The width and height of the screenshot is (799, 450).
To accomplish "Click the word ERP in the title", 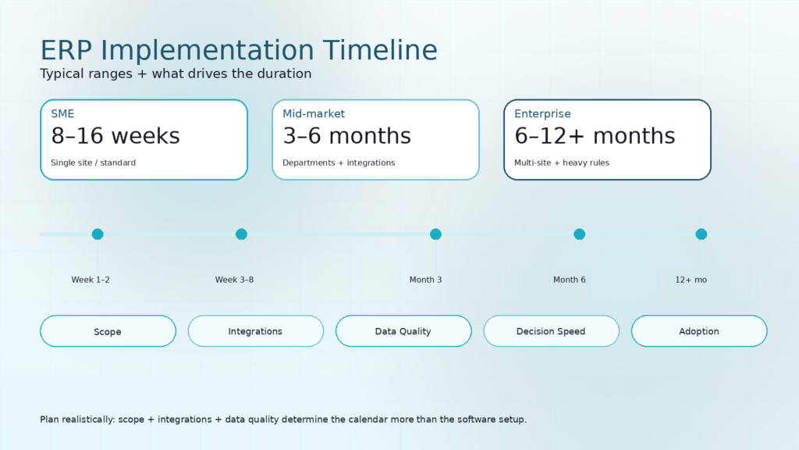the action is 66,50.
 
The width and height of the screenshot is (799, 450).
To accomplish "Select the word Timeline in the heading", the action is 380,50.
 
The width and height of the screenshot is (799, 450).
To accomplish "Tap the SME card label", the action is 62,114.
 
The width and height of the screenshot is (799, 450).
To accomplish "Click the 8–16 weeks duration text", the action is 115,136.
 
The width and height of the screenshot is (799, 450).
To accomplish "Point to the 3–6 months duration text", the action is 346,136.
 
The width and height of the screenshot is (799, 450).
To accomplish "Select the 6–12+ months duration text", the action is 595,136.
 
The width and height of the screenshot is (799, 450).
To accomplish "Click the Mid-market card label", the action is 314,114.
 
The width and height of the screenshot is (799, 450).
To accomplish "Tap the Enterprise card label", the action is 542,114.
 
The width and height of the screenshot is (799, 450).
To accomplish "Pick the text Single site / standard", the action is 94,162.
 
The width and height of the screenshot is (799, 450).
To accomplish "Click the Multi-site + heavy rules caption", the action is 562,162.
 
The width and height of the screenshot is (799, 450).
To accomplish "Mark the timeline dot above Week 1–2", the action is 98,234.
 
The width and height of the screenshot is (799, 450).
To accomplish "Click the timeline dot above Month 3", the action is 435,234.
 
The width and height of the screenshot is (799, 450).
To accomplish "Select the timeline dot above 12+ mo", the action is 701,234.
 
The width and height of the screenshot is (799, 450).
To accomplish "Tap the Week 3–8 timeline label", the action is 234,280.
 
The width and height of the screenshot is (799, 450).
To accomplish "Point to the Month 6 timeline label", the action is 569,280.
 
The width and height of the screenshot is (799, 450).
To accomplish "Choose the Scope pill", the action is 108,331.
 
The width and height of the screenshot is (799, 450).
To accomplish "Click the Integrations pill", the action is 256,331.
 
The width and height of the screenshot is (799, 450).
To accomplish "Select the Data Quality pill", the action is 403,331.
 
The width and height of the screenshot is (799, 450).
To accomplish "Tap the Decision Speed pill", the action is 552,331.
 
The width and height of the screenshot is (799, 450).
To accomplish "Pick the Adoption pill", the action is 699,331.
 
